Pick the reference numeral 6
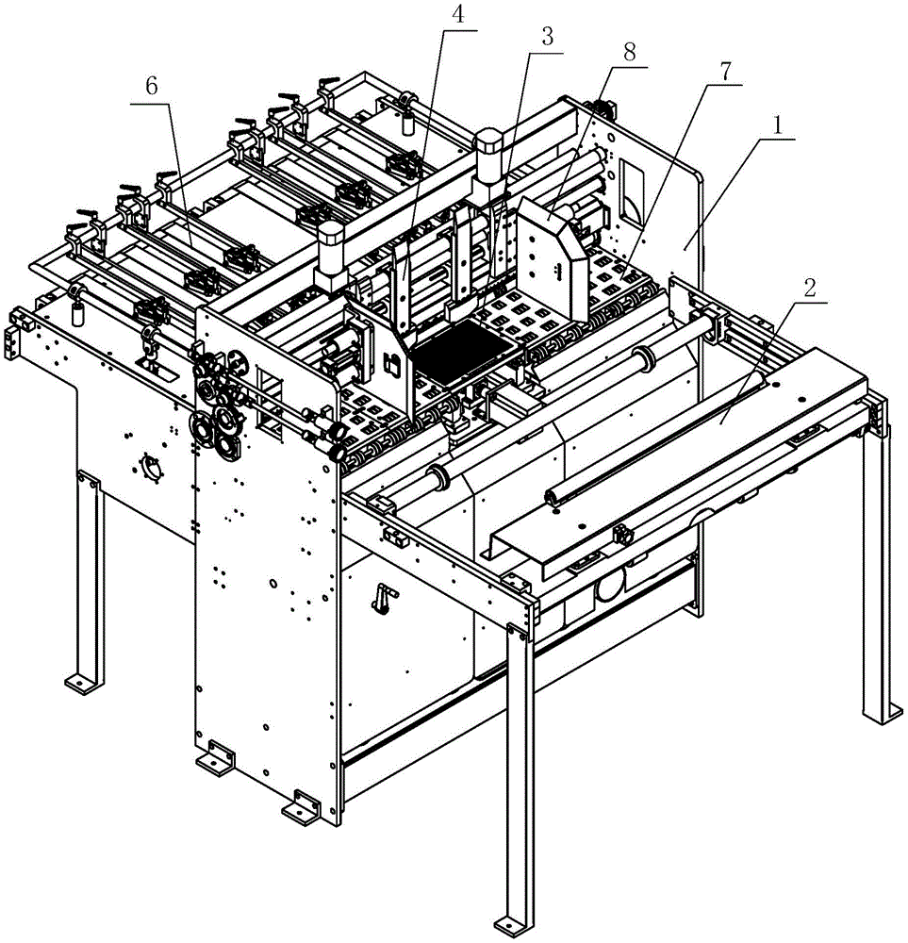(x=152, y=89)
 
